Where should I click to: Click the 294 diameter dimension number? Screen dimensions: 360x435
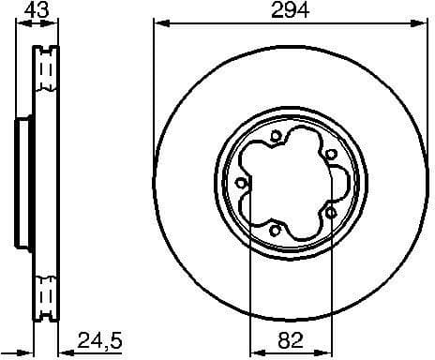click(x=291, y=10)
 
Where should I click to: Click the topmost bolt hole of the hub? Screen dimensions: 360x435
click(x=275, y=138)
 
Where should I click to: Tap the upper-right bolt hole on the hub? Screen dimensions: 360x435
click(x=331, y=155)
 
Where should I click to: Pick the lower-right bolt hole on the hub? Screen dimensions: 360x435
click(x=331, y=213)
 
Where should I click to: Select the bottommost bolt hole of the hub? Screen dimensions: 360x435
click(x=275, y=229)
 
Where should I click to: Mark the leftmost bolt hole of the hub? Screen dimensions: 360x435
click(x=242, y=183)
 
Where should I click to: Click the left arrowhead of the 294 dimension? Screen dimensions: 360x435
click(x=157, y=22)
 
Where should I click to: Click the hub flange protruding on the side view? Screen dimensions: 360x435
click(x=21, y=181)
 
